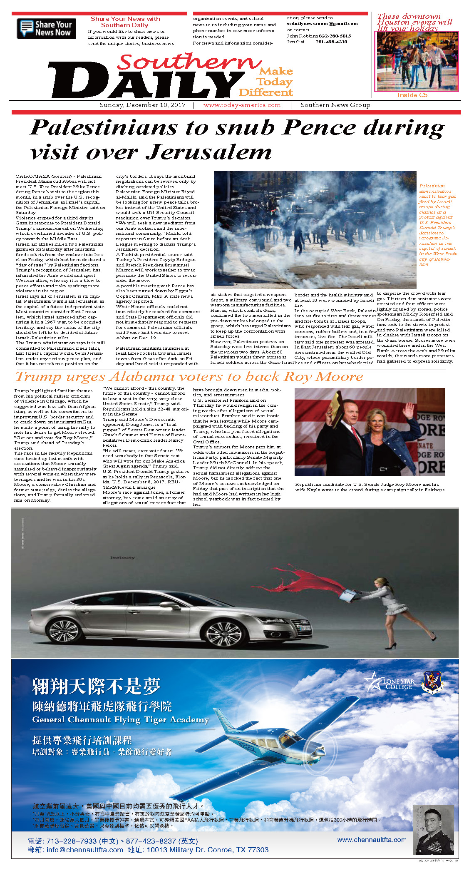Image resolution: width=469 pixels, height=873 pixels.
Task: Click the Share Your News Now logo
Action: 46,28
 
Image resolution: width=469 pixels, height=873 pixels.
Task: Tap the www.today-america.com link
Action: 242,105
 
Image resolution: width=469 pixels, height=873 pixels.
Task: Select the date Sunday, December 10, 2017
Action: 143,105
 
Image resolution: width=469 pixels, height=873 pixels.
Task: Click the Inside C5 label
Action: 412,95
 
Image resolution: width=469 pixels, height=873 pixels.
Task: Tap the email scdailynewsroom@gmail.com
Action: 322,24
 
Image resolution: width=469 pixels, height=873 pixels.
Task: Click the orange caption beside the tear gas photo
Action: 437,225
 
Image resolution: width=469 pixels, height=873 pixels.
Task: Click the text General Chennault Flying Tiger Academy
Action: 121,720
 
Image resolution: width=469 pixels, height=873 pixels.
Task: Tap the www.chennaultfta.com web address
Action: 372,840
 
